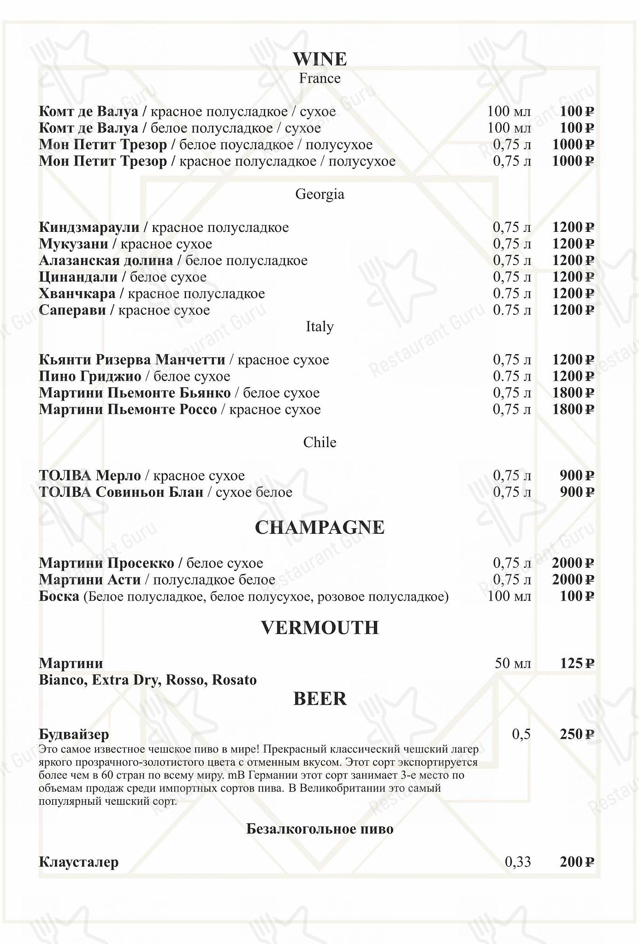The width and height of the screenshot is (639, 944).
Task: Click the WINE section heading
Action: point(319,59)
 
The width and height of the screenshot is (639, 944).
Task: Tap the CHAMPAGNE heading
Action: point(319,528)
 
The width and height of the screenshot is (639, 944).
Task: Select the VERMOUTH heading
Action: point(319,628)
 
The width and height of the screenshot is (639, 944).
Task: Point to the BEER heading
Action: point(319,699)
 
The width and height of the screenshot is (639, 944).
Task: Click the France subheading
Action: point(319,78)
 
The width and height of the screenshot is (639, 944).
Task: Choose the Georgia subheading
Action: point(319,194)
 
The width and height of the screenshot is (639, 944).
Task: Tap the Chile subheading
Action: point(319,442)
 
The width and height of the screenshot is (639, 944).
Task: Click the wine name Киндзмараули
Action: point(89,227)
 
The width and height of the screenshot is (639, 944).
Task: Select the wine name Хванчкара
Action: point(77,294)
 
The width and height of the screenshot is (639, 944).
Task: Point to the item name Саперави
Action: point(72,310)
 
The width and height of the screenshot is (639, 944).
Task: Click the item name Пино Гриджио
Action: point(90,377)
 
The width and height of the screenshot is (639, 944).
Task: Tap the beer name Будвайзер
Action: point(74,734)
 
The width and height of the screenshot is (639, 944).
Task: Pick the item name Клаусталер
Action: point(78,862)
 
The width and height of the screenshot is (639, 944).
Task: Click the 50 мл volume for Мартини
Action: point(513,664)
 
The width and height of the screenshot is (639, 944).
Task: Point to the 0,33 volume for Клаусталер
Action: point(518,862)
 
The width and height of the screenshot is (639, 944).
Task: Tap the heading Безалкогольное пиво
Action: point(319,829)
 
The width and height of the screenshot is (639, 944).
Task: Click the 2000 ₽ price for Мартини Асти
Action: point(573,579)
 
